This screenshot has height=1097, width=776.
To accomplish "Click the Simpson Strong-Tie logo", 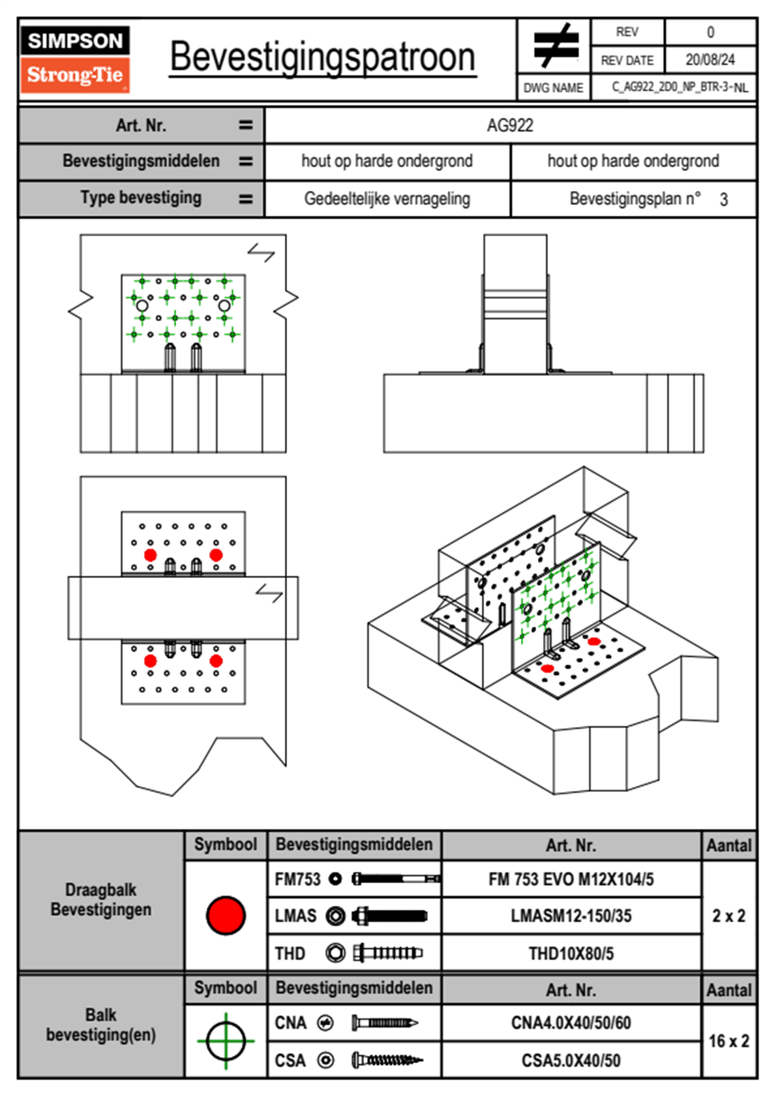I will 74,59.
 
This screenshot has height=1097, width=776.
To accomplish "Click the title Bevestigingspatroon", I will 322,57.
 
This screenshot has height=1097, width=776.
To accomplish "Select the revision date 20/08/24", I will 709,60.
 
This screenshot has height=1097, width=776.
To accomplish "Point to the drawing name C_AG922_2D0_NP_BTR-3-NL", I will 679,87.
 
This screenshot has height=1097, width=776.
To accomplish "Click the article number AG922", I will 510,125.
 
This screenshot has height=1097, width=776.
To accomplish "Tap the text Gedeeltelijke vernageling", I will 387,199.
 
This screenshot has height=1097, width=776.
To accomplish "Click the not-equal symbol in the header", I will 555,46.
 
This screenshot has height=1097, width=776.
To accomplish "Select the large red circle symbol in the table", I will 226,915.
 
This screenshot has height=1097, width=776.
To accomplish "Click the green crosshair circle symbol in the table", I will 226,1041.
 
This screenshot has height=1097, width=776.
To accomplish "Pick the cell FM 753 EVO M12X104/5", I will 571,879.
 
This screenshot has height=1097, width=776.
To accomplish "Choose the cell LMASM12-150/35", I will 571,916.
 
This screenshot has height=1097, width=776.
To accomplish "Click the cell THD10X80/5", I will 571,954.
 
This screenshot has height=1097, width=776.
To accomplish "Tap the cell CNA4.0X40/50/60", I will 571,1023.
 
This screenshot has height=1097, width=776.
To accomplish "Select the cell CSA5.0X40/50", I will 571,1060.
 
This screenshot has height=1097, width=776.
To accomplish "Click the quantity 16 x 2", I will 728,1041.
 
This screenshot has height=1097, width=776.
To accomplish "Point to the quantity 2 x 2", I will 728,916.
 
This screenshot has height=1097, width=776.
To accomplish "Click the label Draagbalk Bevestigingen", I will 101,899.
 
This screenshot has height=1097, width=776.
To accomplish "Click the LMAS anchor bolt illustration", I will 389,916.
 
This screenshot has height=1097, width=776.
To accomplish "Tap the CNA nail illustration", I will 385,1023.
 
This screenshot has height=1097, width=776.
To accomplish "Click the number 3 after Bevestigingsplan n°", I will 724,200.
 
